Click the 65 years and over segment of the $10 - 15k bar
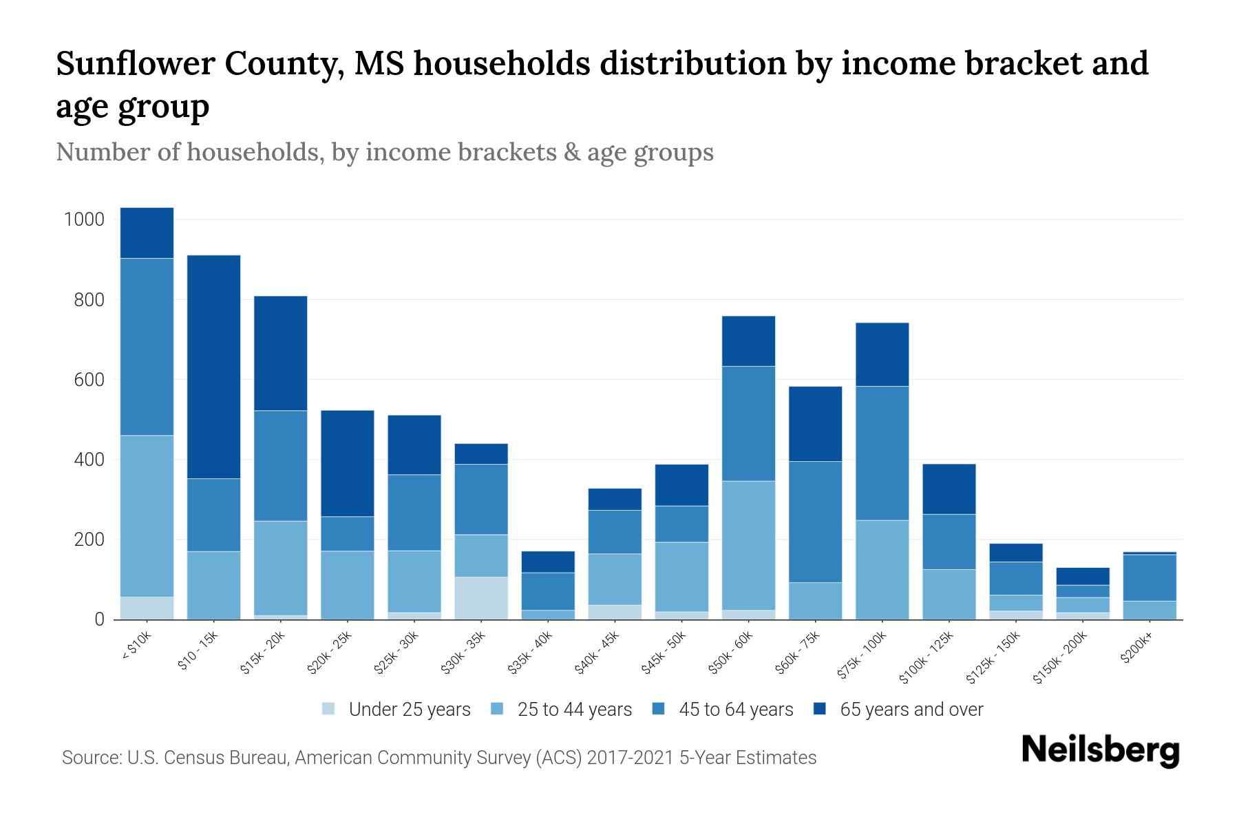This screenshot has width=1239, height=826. (x=213, y=366)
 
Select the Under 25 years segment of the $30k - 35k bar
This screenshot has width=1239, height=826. (x=481, y=597)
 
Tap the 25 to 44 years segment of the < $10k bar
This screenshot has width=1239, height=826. (x=147, y=516)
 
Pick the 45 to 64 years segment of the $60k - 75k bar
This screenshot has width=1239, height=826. (x=815, y=522)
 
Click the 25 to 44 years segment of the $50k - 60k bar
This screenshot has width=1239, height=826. (x=748, y=545)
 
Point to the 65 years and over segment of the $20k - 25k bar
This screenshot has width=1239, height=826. (x=348, y=463)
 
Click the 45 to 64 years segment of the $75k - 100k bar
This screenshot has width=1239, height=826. (x=882, y=453)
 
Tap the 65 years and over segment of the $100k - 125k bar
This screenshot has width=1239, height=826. (x=949, y=489)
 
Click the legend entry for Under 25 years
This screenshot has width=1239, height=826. (x=409, y=710)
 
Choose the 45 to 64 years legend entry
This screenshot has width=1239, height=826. (x=735, y=710)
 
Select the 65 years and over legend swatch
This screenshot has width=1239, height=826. (x=820, y=709)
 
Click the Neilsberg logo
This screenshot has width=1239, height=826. (x=1100, y=750)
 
